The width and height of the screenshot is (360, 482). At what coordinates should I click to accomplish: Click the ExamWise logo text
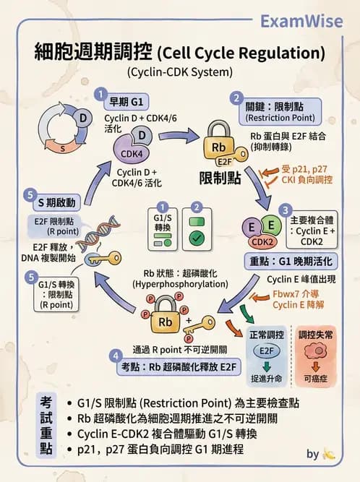point(312,20)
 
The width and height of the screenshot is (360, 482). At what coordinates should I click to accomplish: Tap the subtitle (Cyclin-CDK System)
point(179,72)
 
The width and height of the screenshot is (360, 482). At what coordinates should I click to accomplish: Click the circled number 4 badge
point(116,356)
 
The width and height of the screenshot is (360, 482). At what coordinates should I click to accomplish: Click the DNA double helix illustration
point(101,236)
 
